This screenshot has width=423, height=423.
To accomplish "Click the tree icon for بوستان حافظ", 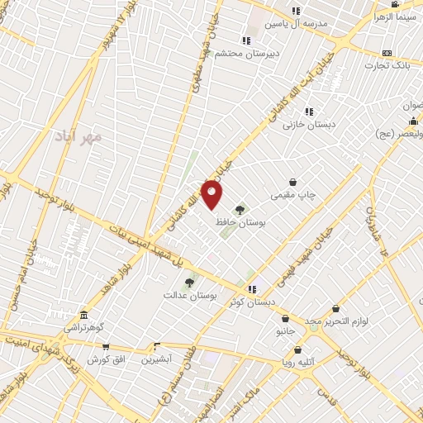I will pos(240,209).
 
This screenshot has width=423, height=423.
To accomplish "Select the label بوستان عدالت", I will pos(189,295).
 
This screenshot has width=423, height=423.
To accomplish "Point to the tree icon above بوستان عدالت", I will pos(189,283).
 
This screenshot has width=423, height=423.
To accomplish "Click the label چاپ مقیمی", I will pos(293,196).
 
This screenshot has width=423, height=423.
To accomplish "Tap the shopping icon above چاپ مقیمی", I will pos(292,183).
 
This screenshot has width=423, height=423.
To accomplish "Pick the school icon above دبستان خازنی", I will pos(309,112).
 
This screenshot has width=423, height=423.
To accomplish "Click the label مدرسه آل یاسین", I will pos(296,24).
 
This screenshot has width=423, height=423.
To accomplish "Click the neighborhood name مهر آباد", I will pos(78,135).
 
